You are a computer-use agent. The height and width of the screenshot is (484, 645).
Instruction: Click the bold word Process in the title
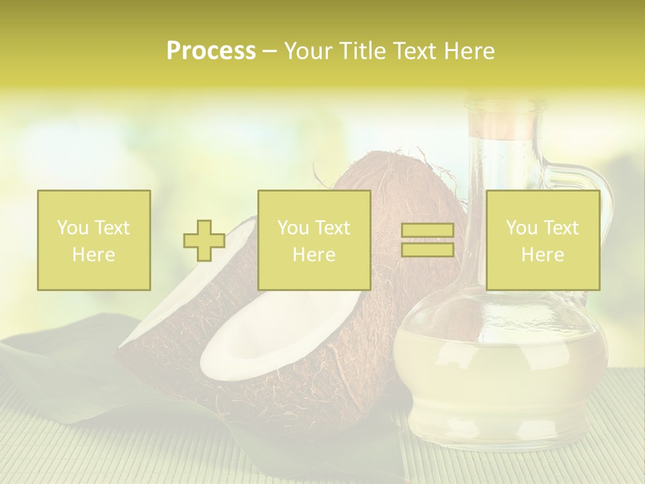(211, 51)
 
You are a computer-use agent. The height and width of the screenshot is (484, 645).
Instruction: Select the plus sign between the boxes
(204, 241)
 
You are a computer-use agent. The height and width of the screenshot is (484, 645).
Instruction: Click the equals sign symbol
(427, 241)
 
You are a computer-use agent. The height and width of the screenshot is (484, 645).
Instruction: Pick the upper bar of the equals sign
(427, 231)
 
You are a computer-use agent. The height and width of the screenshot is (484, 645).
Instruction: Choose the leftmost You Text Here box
(94, 241)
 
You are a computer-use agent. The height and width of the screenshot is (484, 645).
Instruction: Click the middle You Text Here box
(314, 241)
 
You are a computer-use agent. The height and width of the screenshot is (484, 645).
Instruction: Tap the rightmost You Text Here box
(542, 241)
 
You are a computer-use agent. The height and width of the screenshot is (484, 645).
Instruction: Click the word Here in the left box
(94, 255)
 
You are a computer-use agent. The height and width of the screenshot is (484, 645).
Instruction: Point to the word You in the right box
(521, 228)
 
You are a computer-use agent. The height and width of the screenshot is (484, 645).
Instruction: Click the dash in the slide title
(269, 52)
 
